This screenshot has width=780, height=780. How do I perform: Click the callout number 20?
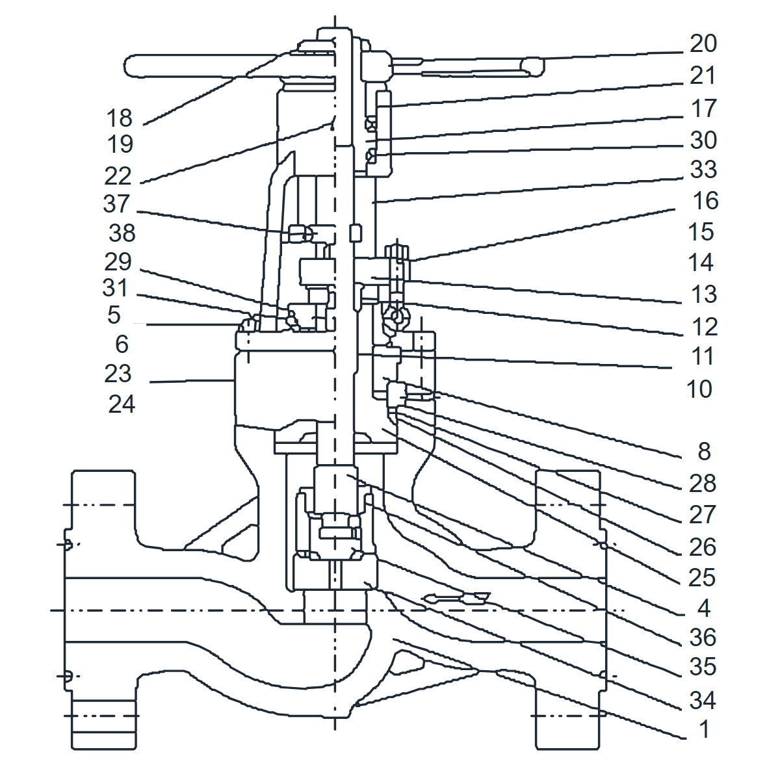(x=703, y=44)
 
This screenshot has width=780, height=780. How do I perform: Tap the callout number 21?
(x=702, y=75)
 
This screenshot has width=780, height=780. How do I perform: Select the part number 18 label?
(x=119, y=118)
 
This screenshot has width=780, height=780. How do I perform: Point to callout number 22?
(x=118, y=176)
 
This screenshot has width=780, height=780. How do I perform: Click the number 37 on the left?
(x=116, y=203)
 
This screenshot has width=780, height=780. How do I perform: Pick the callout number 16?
(x=705, y=201)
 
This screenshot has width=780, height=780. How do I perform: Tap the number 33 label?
(x=703, y=169)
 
